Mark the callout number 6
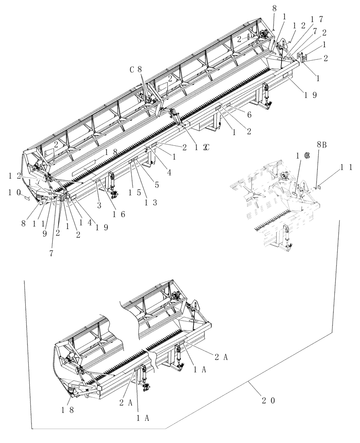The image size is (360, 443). pyautogui.click(x=249, y=114)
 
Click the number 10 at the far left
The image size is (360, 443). pyautogui.click(x=15, y=192)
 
